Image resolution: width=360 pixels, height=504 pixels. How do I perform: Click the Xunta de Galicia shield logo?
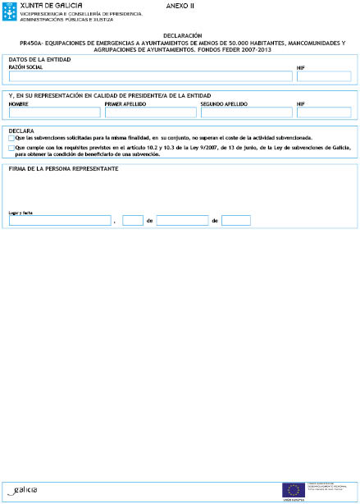coord(12,11)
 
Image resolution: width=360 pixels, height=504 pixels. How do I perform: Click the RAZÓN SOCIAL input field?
coord(150,76)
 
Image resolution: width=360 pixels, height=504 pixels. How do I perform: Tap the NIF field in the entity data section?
coord(323,76)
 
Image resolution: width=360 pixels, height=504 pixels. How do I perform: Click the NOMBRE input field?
coord(54,112)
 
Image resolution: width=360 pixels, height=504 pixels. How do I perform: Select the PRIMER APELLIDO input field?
coord(150,112)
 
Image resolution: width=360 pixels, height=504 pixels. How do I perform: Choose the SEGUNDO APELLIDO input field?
coord(245,112)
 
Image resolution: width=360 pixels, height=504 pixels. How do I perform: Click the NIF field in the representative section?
coord(323,112)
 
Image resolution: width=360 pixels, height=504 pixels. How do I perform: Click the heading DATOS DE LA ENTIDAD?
coord(39,61)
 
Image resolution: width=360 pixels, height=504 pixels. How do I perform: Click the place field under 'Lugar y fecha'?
coord(59,221)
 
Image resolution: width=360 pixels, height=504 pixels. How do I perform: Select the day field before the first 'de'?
coord(132,221)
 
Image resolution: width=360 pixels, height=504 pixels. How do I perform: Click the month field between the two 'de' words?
coord(182,221)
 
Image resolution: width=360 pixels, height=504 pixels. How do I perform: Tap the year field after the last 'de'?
coord(236,221)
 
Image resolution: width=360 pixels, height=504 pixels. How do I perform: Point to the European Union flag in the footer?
coord(293,490)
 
